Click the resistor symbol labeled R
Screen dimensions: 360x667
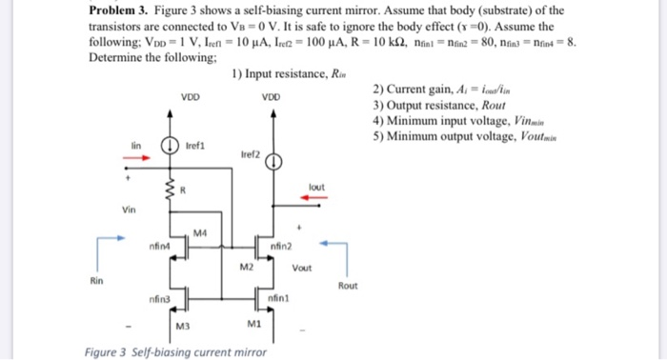[172, 195]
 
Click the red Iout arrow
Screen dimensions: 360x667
[315, 197]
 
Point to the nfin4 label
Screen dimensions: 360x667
[158, 248]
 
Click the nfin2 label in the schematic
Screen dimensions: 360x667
[282, 248]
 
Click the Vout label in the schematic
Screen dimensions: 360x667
[302, 268]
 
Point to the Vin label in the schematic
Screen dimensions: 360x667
[129, 210]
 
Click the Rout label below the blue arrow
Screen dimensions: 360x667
[349, 285]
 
